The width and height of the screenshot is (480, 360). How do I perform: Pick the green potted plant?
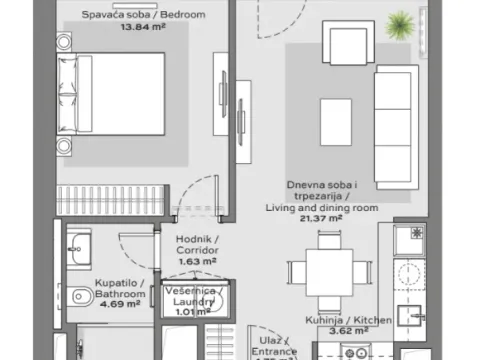point(402,25)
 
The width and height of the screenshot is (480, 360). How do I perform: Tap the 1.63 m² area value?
point(198,261)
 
